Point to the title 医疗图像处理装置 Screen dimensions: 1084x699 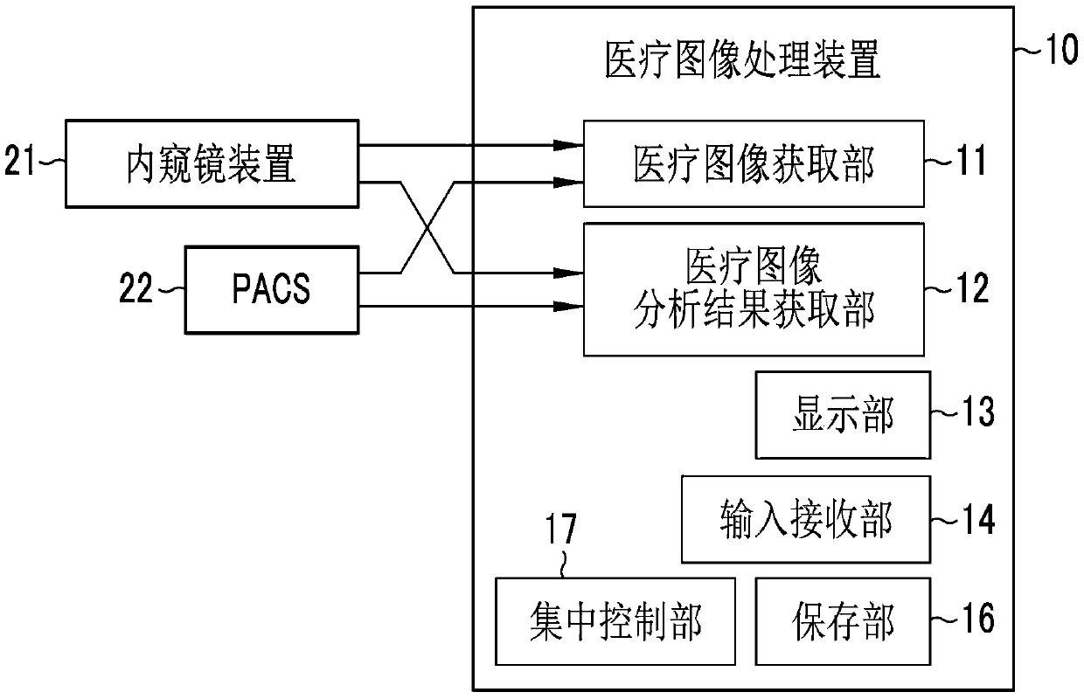coord(743,60)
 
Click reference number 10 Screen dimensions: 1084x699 coord(1062,49)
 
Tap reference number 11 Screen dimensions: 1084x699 coord(970,160)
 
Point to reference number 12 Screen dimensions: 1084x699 coord(972,287)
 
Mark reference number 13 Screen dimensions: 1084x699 coord(978,412)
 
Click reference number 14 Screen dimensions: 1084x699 coord(978,519)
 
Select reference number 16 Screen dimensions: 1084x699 coord(978,618)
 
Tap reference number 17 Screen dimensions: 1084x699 coord(561,529)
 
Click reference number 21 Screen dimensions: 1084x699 coord(19,160)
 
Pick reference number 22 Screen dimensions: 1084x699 coord(136,287)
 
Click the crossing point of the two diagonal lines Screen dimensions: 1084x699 coord(427,228)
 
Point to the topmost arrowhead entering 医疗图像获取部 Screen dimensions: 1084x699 coord(568,145)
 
